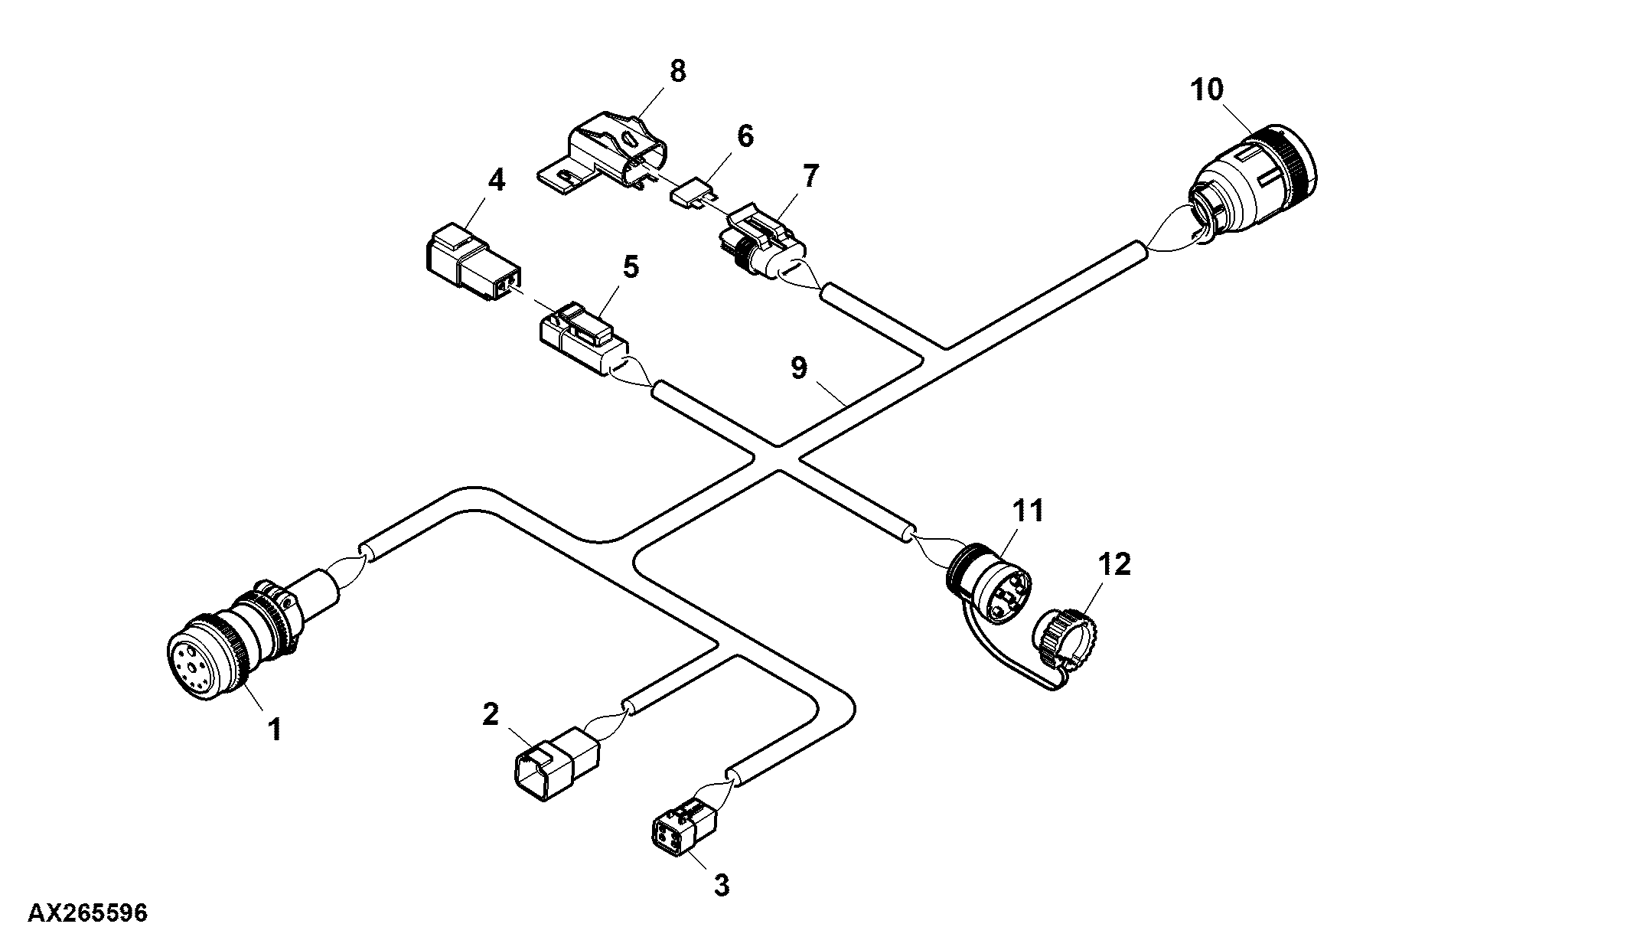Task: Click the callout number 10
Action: click(1207, 90)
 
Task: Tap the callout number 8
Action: click(677, 71)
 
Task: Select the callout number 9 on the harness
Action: click(798, 368)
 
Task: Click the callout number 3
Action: click(721, 885)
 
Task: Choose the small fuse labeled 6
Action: click(690, 191)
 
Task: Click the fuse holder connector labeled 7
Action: click(765, 243)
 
